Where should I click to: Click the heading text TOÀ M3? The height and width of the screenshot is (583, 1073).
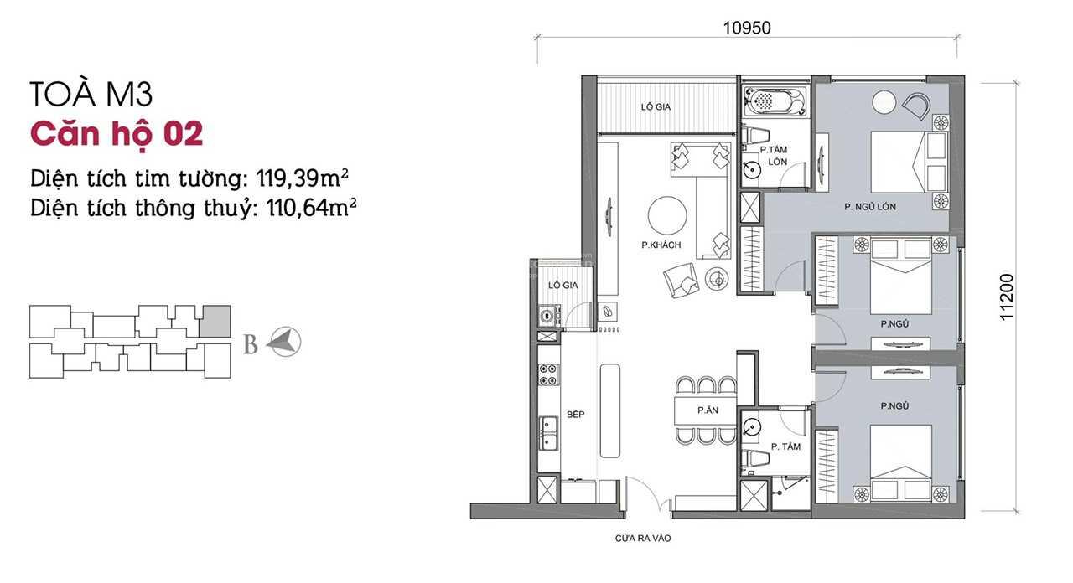point(91,95)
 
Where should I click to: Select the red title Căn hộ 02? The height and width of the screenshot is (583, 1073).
point(117,133)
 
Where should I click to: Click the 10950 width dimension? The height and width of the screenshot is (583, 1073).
point(746,28)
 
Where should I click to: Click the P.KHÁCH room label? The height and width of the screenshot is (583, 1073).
point(661,245)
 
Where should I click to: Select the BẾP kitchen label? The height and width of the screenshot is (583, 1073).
point(575,414)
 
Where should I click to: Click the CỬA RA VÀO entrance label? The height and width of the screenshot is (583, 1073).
point(642,539)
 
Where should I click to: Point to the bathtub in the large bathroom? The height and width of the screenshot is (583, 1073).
point(775,101)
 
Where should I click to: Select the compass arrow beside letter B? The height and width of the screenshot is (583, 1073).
point(283,342)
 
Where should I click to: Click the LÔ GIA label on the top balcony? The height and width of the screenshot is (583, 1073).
point(656,107)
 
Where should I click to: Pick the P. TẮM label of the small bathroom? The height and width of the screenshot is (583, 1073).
point(785,446)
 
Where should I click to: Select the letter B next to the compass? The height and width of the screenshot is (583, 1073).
point(250,344)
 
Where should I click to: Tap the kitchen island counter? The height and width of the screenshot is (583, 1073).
point(610,410)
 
